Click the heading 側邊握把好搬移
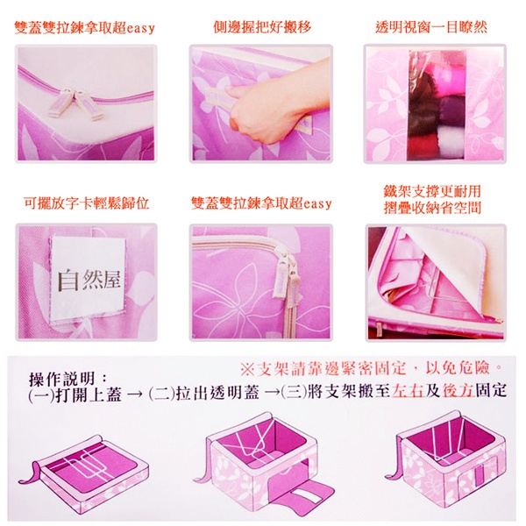pyautogui.click(x=262, y=27)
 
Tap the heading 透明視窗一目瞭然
pyautogui.click(x=431, y=27)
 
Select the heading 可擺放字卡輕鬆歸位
pyautogui.click(x=87, y=203)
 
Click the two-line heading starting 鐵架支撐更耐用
pyautogui.click(x=432, y=199)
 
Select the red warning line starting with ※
pyautogui.click(x=372, y=368)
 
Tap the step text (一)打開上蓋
pyautogui.click(x=75, y=394)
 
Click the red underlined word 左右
pyautogui.click(x=407, y=390)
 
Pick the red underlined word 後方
pyautogui.click(x=458, y=390)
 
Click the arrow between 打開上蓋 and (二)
pyautogui.click(x=135, y=395)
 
